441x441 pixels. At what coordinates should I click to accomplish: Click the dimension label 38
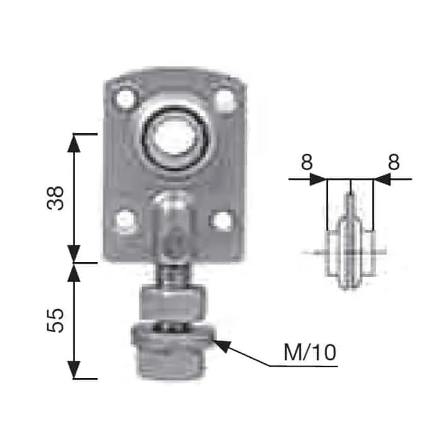point(55,198)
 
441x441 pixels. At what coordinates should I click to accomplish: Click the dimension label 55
point(55,321)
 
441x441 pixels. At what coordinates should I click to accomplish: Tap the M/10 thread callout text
point(310,352)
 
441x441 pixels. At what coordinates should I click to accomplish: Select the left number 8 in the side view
point(307,162)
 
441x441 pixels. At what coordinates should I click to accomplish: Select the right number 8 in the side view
point(394,162)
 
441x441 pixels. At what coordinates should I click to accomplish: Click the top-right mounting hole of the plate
point(224,100)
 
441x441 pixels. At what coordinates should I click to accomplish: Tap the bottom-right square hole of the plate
point(222,220)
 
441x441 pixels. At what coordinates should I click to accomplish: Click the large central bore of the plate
point(175,139)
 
